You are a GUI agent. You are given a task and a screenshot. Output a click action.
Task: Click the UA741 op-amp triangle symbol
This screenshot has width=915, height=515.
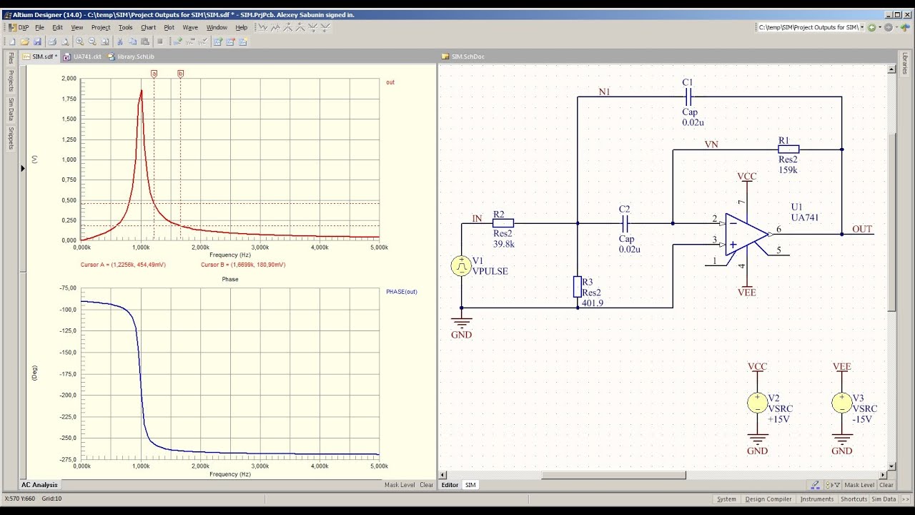[x=746, y=234]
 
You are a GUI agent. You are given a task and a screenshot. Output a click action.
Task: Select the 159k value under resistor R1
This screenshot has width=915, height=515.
[x=788, y=171]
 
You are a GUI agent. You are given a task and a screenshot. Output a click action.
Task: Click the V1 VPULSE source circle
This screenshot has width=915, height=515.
[x=461, y=266]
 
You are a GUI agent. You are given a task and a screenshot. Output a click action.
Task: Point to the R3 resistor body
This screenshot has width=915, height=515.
[x=578, y=287]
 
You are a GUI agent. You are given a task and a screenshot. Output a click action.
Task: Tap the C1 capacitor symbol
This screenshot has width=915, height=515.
[x=688, y=97]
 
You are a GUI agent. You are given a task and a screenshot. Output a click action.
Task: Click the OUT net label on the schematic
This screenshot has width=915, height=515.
[x=862, y=229]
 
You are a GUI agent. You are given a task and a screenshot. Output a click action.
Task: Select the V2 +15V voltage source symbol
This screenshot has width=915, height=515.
[x=757, y=403]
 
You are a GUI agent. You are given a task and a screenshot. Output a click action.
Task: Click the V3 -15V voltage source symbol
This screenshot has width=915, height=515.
[x=842, y=403]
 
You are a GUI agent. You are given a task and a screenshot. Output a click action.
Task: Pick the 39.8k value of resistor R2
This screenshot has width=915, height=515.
[x=503, y=244]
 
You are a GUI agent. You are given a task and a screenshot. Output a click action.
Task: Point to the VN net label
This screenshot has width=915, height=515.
[x=711, y=144]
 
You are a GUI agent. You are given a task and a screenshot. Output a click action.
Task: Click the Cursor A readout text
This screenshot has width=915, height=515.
[x=123, y=265]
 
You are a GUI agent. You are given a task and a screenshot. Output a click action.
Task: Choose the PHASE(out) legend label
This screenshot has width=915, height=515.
[x=402, y=292]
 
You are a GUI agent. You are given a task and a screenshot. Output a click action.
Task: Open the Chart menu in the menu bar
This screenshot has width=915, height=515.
[x=148, y=28]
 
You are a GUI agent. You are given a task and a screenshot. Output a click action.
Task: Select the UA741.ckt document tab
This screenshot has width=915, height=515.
[x=86, y=57]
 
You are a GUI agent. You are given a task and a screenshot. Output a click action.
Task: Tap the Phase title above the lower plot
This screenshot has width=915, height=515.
[x=230, y=279]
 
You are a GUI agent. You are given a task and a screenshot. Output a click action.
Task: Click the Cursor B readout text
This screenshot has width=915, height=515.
[x=243, y=265]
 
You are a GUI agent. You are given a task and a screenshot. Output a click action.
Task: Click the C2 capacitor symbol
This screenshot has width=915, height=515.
[x=625, y=223]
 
